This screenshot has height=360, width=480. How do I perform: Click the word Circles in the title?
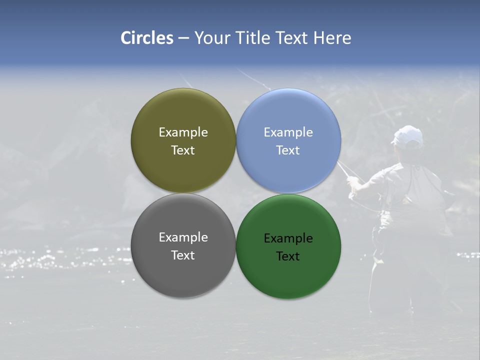[x=147, y=38]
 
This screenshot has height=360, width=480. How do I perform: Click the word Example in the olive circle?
[x=183, y=132]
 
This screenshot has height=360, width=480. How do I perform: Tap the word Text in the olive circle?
[x=183, y=150]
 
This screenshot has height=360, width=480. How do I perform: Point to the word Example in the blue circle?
[x=288, y=132]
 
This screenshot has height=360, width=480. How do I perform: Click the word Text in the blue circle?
[x=288, y=150]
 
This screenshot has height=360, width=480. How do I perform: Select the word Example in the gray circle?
[x=183, y=237]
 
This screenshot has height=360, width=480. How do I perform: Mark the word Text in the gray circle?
[x=183, y=255]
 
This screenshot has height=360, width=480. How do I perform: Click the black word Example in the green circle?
[x=288, y=238]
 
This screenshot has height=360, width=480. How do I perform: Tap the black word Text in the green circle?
[x=288, y=256]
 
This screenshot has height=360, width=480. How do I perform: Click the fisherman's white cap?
[x=407, y=135]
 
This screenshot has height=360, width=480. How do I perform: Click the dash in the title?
[x=183, y=38]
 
